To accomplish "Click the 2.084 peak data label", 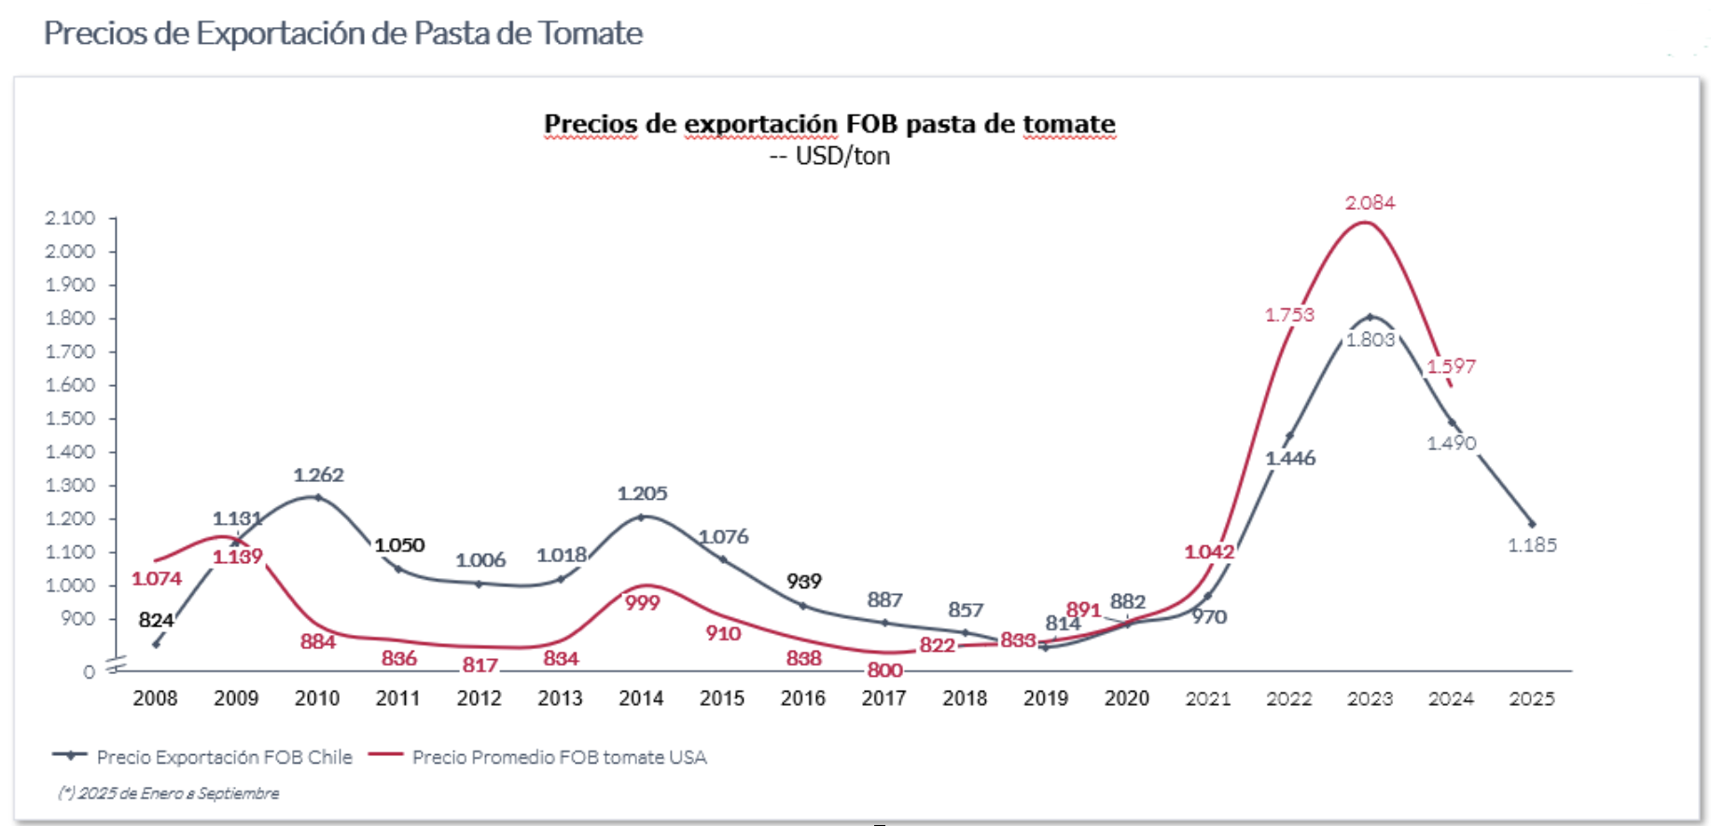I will [1370, 202].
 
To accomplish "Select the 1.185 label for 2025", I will [1532, 544].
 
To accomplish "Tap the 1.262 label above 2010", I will [318, 475].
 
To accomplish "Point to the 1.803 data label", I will [1370, 339].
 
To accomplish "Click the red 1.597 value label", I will [1451, 366].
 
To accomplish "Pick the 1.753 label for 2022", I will [1289, 315].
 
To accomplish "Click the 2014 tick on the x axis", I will [641, 698].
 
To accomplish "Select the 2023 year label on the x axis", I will [1370, 698].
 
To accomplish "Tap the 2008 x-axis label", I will [155, 698].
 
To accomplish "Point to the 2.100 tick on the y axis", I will [70, 218].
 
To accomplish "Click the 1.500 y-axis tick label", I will [70, 419].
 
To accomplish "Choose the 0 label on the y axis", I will [89, 672].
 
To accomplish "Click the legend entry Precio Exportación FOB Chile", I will [224, 757].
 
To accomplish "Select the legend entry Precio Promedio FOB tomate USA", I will [559, 757].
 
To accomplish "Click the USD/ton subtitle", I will [842, 156].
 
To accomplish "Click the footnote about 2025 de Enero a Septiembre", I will [169, 793].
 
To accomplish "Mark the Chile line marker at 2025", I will [1532, 524].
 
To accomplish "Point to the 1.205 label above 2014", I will [642, 493].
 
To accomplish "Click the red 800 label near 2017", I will [884, 669].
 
